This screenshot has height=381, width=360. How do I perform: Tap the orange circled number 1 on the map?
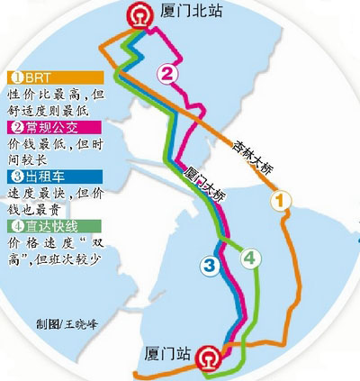point(283,200)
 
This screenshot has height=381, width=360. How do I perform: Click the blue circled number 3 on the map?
point(209,265)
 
